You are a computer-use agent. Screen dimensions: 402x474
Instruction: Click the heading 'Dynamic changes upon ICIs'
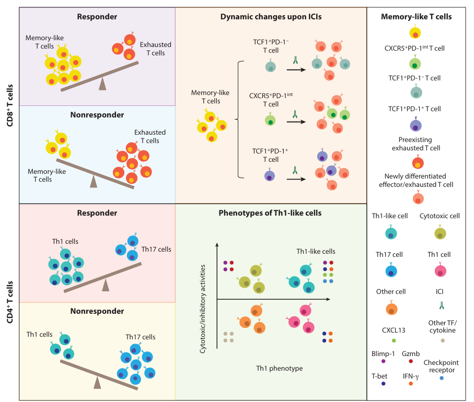271,17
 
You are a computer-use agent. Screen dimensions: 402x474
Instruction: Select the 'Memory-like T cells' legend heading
416,17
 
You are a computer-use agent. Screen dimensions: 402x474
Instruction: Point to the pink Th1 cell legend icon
442,271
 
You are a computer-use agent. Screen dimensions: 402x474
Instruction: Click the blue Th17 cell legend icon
389,271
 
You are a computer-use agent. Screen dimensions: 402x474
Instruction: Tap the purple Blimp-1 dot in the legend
384,361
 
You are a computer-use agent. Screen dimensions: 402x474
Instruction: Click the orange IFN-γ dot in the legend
411,384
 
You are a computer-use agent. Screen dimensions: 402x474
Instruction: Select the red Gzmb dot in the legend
411,361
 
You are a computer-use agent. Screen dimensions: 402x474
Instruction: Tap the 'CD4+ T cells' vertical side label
9,302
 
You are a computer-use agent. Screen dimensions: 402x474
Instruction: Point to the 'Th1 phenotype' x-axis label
279,369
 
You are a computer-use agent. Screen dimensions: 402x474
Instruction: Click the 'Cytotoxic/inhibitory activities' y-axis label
202,309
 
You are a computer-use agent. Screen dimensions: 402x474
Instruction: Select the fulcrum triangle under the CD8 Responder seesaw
102,84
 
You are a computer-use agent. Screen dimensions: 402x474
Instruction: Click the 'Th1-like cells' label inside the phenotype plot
316,251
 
